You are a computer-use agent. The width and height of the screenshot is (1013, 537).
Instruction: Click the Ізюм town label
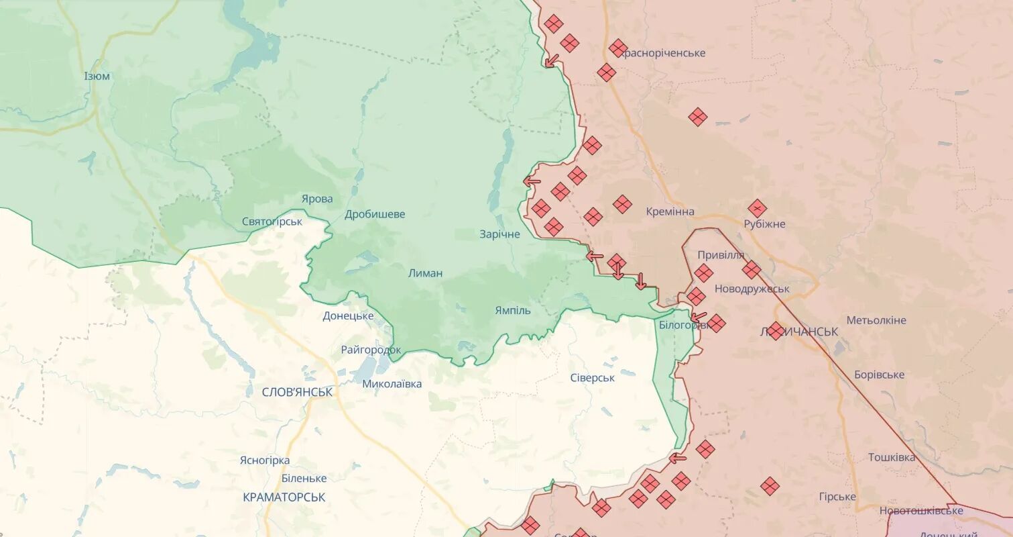pyautogui.click(x=97, y=76)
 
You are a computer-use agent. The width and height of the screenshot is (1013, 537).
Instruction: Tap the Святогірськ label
pyautogui.click(x=272, y=221)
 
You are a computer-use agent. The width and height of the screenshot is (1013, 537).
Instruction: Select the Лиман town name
pyautogui.click(x=425, y=273)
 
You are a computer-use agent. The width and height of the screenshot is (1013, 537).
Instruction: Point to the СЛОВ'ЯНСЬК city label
pyautogui.click(x=297, y=392)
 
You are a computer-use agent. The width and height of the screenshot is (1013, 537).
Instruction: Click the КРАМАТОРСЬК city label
pyautogui.click(x=284, y=497)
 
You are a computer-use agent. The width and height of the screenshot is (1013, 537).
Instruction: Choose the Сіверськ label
pyautogui.click(x=592, y=378)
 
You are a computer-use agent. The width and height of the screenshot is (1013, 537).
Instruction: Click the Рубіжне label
pyautogui.click(x=764, y=224)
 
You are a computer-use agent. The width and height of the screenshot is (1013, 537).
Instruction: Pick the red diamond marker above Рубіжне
pyautogui.click(x=757, y=208)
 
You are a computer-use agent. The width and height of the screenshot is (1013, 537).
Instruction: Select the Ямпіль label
pyautogui.click(x=512, y=310)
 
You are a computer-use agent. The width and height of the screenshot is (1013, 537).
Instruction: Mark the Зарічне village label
pyautogui.click(x=499, y=234)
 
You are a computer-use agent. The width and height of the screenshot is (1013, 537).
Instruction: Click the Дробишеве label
pyautogui.click(x=375, y=215)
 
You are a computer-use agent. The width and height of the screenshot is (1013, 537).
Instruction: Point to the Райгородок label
pyautogui.click(x=371, y=350)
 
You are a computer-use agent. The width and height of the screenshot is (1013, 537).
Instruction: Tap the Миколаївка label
pyautogui.click(x=392, y=384)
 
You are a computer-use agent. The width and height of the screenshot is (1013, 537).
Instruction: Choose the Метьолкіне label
pyautogui.click(x=876, y=320)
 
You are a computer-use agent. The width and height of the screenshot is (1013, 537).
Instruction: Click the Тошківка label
pyautogui.click(x=891, y=457)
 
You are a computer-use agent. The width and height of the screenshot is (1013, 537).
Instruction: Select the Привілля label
pyautogui.click(x=721, y=255)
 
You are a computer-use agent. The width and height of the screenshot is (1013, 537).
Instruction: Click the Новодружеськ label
pyautogui.click(x=752, y=289)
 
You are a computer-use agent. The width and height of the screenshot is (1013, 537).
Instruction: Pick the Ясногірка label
pyautogui.click(x=264, y=460)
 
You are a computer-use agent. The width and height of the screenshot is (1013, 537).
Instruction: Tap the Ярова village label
pyautogui.click(x=317, y=199)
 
